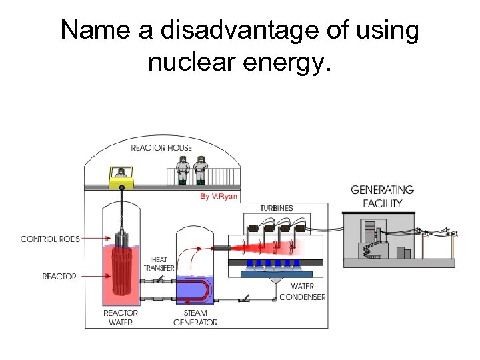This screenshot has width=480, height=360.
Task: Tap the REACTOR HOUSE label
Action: [x=161, y=147]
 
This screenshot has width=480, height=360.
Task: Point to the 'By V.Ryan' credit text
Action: [x=217, y=196]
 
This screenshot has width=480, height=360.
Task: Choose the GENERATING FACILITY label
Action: [x=382, y=196]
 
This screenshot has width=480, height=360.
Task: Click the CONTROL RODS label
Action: [x=50, y=239]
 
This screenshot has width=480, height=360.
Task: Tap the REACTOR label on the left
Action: [x=59, y=276]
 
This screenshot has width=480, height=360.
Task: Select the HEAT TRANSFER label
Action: [x=159, y=264]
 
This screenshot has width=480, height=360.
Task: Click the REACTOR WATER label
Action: [x=121, y=317]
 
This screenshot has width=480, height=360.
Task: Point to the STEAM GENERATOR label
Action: [x=195, y=317]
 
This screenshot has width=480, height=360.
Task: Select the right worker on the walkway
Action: [x=200, y=169]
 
